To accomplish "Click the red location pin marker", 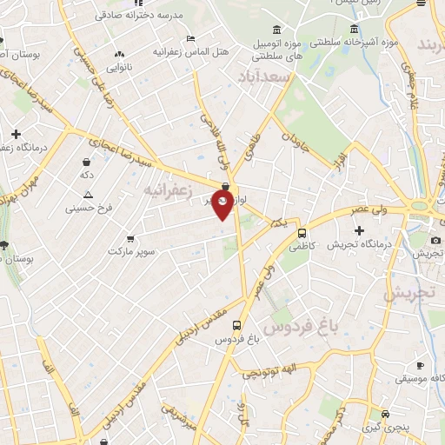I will tap(222, 205).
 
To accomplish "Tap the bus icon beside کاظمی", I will tap(302, 233).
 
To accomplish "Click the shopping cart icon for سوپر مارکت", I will tap(130, 237).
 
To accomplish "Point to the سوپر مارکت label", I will tap(131, 251).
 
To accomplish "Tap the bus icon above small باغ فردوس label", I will tap(225, 324).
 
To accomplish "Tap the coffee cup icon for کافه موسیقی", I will tap(420, 365).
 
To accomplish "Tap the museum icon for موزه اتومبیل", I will tap(276, 30).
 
